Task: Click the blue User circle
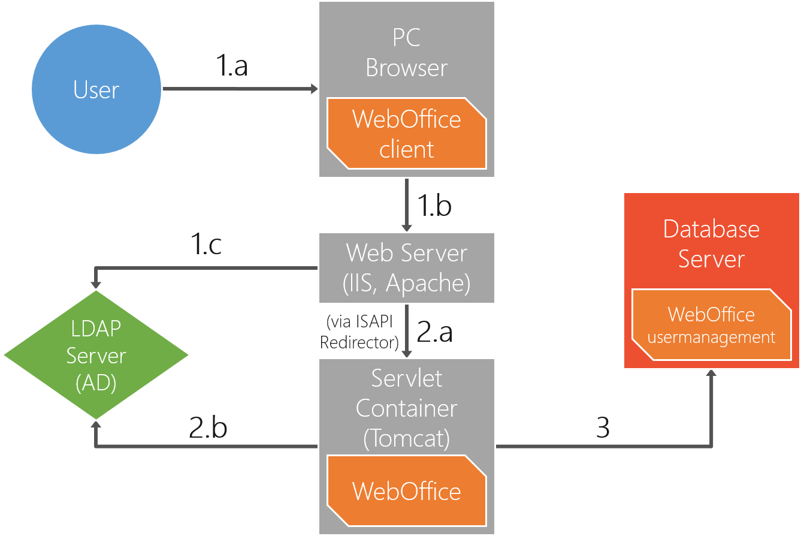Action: [x=96, y=90]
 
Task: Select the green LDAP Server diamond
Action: [x=96, y=355]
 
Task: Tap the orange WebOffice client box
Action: [x=406, y=134]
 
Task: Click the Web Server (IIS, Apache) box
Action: [x=406, y=267]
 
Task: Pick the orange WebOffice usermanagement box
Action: [x=711, y=325]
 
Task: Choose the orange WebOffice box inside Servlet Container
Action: [x=406, y=490]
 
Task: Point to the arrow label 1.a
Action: [x=232, y=66]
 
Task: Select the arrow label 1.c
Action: [x=206, y=245]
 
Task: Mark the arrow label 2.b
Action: [x=208, y=427]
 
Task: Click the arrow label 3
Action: [x=603, y=427]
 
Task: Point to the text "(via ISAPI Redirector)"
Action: [x=359, y=332]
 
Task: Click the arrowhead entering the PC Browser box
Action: [x=313, y=89]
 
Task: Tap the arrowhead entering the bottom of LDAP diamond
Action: [x=96, y=424]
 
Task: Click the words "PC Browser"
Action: [x=406, y=53]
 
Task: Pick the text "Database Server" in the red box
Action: [x=711, y=243]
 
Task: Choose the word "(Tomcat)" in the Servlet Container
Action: [x=406, y=438]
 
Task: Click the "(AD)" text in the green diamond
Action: [x=96, y=383]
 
